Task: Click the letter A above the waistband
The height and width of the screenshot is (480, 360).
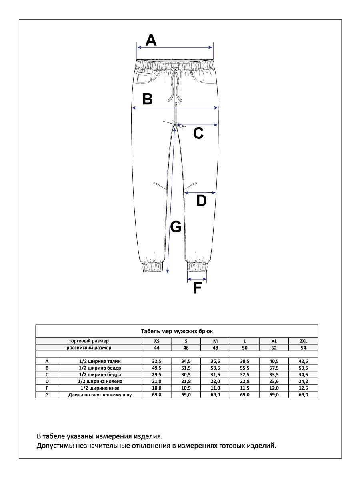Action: click(150, 40)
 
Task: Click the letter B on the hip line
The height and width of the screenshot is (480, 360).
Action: click(148, 99)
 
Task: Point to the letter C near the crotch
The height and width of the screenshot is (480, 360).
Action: click(198, 133)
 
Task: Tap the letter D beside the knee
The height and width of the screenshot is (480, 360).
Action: click(201, 201)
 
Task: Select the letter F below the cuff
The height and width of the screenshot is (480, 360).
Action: click(197, 288)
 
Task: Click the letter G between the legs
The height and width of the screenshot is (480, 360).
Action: click(176, 227)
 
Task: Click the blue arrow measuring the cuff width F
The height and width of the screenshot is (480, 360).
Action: click(197, 279)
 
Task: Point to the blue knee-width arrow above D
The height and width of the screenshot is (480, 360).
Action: click(200, 192)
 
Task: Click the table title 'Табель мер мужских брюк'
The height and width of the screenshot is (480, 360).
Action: click(177, 331)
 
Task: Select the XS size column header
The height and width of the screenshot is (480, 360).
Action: click(156, 341)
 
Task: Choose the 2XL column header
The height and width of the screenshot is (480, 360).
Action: click(303, 341)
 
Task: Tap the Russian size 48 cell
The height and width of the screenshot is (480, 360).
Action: click(215, 348)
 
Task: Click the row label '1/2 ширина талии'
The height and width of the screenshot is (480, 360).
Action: click(100, 361)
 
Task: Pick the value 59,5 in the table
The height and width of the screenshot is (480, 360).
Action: click(303, 368)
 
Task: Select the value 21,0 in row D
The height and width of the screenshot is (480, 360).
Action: click(156, 381)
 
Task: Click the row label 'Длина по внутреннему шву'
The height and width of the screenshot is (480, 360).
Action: click(100, 395)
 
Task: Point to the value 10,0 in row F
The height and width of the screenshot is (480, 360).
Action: click(156, 388)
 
